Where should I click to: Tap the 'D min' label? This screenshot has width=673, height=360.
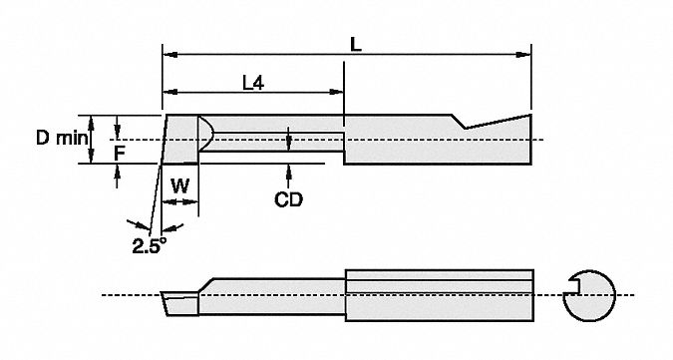coord(62,140)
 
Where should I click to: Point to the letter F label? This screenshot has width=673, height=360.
coord(118,153)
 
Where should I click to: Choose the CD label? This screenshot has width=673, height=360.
coord(288,199)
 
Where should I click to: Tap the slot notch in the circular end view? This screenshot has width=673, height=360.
coord(572,293)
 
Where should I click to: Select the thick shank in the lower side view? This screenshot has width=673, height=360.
coord(440,294)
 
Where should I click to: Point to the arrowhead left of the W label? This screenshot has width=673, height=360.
coord(167,201)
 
